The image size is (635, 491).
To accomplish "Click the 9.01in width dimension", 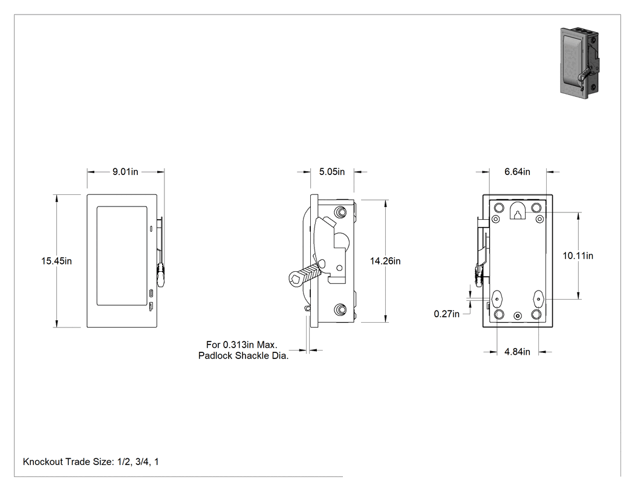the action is coord(125,172).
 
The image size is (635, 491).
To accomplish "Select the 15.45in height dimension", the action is coord(56,261).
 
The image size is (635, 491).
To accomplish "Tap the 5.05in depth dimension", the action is coord(331,172).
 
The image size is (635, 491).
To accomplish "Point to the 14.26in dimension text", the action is coord(385,261).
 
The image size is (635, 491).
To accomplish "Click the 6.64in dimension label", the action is coord(517,172).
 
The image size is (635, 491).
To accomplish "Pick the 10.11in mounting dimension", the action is coord(578,256).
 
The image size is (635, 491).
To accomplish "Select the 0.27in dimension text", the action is coord(447,314).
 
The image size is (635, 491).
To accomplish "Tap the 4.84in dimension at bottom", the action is coord(517,352).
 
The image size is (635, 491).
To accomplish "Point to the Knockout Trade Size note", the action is coord(91,462).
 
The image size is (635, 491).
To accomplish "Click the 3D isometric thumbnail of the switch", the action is coord(580,63).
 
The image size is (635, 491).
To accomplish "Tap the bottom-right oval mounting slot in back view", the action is coord(538,299).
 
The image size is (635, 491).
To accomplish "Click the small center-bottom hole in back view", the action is coord(518,316).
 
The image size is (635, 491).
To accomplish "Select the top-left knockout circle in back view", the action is coord(500,208).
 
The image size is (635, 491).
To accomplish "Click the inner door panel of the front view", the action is coord(122,256).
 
